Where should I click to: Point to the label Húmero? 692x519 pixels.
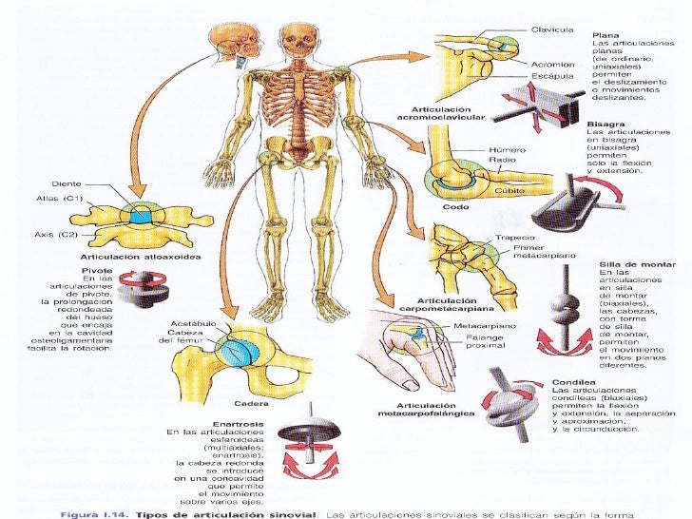[x=507, y=150]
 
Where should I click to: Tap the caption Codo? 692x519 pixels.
[x=442, y=206]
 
